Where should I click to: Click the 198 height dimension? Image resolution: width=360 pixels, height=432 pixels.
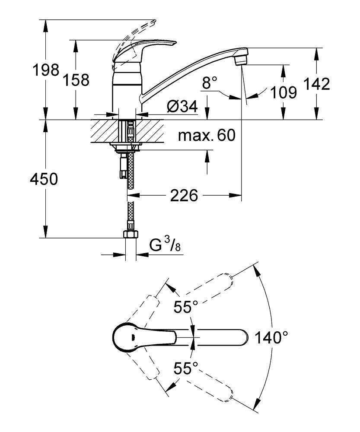(x=46, y=70)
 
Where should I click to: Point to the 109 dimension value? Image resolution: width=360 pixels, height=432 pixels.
(x=284, y=92)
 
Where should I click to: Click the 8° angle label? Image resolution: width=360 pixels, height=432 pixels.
(x=210, y=83)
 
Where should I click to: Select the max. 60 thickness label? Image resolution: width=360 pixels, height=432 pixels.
(x=207, y=136)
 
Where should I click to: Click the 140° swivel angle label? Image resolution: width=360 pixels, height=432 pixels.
(x=271, y=337)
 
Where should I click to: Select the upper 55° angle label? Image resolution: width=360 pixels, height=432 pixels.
(x=185, y=307)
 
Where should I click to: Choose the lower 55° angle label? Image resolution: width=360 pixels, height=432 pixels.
(x=185, y=368)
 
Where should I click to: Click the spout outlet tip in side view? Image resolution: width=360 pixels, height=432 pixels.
(x=241, y=57)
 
